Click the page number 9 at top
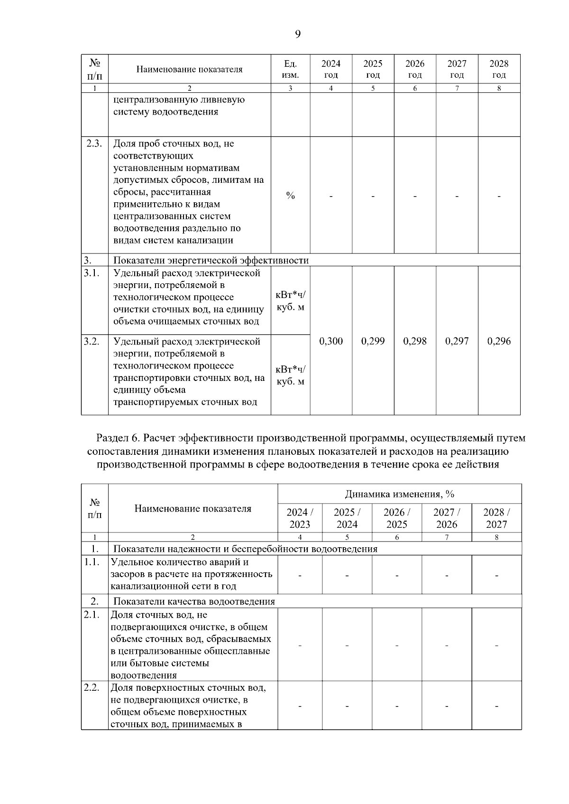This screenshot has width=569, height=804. click(x=297, y=34)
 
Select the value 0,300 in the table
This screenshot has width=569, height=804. click(x=331, y=341)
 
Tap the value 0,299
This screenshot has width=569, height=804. click(x=373, y=341)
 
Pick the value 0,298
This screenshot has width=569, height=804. click(x=415, y=341)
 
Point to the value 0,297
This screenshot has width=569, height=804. click(x=457, y=341)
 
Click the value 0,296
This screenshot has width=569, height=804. click(x=499, y=341)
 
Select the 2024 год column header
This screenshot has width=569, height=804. click(x=331, y=69)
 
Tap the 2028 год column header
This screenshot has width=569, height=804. click(x=499, y=69)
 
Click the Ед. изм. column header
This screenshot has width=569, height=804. click(x=290, y=69)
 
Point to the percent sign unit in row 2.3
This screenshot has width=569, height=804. click(x=290, y=196)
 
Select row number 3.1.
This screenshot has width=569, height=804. click(x=92, y=273)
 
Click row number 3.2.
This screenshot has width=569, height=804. click(x=92, y=341)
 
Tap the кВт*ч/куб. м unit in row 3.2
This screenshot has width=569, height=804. click(x=290, y=375)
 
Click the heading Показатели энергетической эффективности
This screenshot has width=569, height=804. click(x=211, y=260)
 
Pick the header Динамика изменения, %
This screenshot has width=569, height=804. click(x=399, y=494)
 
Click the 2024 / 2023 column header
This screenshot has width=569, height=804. click(x=300, y=518)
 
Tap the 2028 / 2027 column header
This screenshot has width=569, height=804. click(x=496, y=518)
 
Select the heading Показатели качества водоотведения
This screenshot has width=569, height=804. click(x=194, y=601)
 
